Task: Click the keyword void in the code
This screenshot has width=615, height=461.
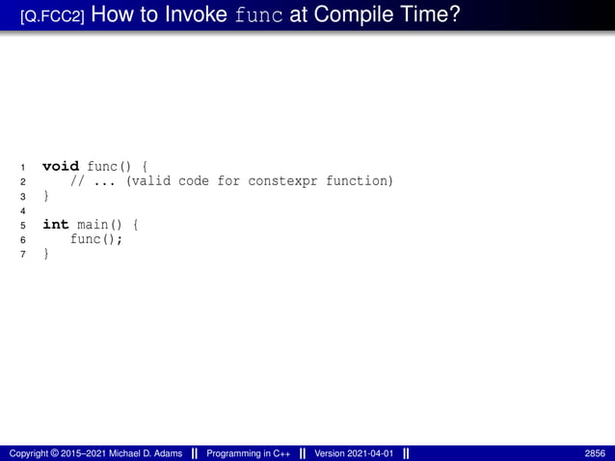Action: point(61,166)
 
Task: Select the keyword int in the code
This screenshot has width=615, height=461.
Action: point(56,225)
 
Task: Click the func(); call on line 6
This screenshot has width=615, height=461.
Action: point(96,239)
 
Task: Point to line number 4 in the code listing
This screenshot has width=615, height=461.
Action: point(22,210)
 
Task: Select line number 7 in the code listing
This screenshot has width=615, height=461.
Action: point(22,255)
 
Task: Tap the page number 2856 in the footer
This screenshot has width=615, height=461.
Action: point(595,453)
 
